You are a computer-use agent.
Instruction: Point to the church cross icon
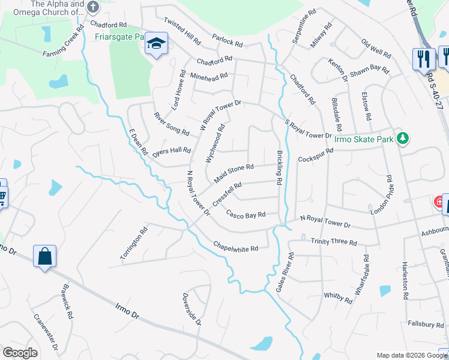[x=92, y=7]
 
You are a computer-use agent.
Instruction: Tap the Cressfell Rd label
[x=226, y=193]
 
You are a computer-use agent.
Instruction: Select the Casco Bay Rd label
[x=246, y=214]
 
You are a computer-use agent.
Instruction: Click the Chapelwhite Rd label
[x=236, y=246]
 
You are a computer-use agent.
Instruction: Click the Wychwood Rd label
[x=214, y=142]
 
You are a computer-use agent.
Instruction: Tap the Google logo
[x=19, y=353]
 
